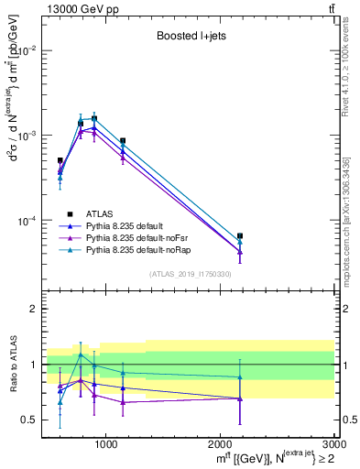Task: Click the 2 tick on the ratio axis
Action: click(35, 310)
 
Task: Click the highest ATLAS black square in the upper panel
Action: click(94, 118)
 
